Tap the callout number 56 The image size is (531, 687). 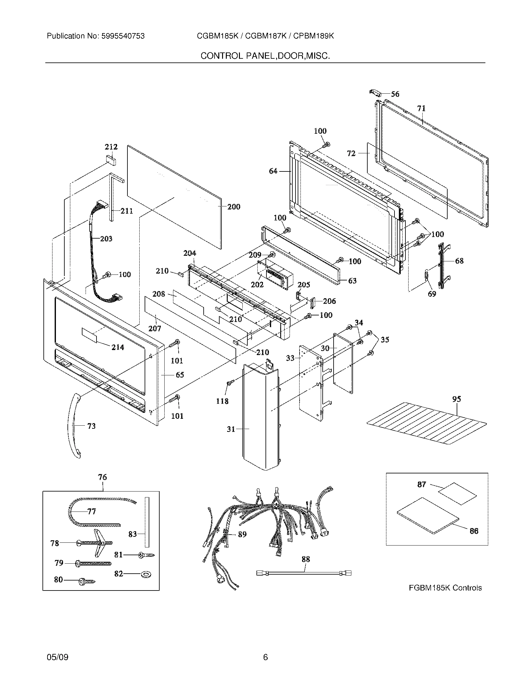click(395, 94)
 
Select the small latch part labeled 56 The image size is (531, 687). click(375, 92)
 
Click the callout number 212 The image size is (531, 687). click(111, 147)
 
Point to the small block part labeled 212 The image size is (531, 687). click(110, 160)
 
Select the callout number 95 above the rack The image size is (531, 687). click(456, 399)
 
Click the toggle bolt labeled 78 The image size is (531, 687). click(94, 543)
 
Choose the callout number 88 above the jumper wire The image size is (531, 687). click(305, 559)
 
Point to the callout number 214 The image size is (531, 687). click(118, 347)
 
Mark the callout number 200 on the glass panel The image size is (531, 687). click(234, 207)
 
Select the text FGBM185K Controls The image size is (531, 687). click(445, 588)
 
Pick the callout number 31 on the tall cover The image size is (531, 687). click(231, 429)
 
